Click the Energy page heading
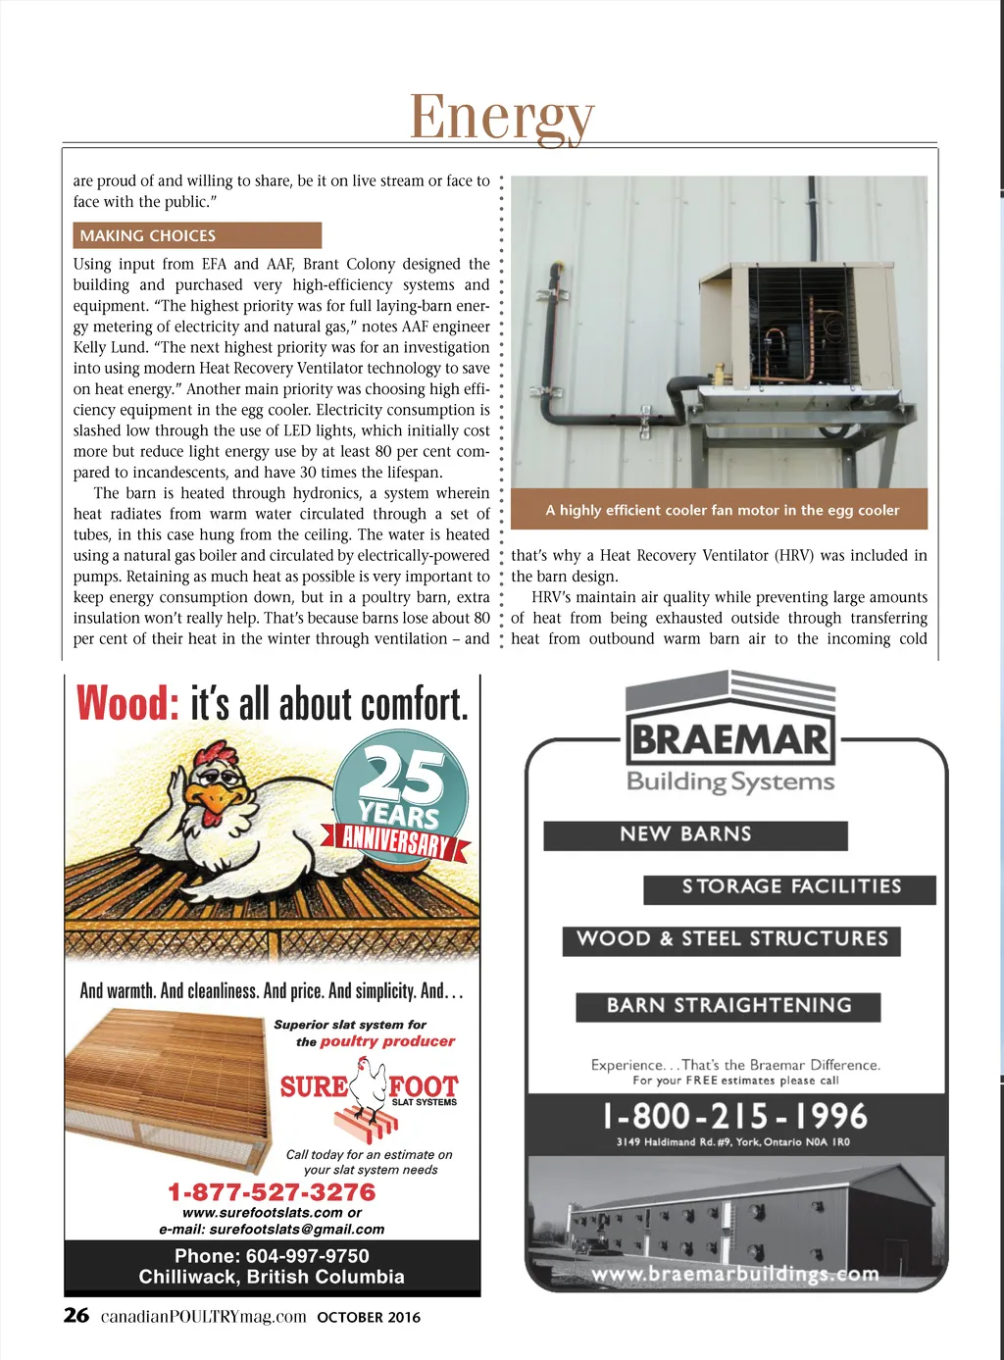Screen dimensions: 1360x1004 tap(501, 118)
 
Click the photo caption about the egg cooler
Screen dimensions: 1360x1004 tap(722, 510)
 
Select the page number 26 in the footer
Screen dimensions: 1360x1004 tap(75, 1316)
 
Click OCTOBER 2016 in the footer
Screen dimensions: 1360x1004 tap(369, 1317)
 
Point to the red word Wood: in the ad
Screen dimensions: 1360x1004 tap(127, 703)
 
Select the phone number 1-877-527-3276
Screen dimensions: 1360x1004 tap(272, 1192)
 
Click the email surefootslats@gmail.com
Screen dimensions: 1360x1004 tap(296, 1229)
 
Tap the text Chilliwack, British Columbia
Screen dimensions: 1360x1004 tap(272, 1277)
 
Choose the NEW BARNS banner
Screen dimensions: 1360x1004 tap(694, 834)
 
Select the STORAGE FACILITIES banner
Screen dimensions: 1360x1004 tap(790, 887)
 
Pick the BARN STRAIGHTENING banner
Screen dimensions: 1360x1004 tap(728, 1006)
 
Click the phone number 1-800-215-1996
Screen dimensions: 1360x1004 tap(735, 1116)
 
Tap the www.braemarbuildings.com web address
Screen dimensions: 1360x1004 tap(735, 1274)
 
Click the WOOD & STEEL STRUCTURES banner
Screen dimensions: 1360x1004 tap(731, 939)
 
